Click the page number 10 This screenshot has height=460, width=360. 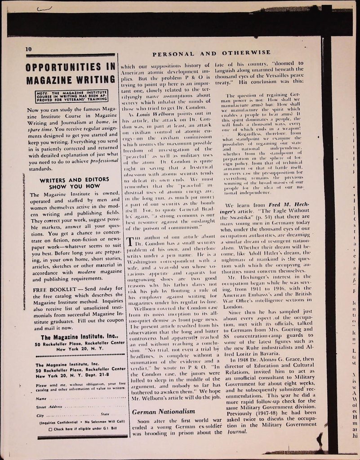[x=29, y=49]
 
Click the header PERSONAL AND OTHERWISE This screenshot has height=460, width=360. [x=212, y=53]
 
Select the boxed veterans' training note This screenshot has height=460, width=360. [x=71, y=95]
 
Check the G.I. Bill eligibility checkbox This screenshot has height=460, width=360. [x=50, y=428]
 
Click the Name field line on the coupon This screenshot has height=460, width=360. [x=81, y=398]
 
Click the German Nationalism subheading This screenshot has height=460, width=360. [x=164, y=411]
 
